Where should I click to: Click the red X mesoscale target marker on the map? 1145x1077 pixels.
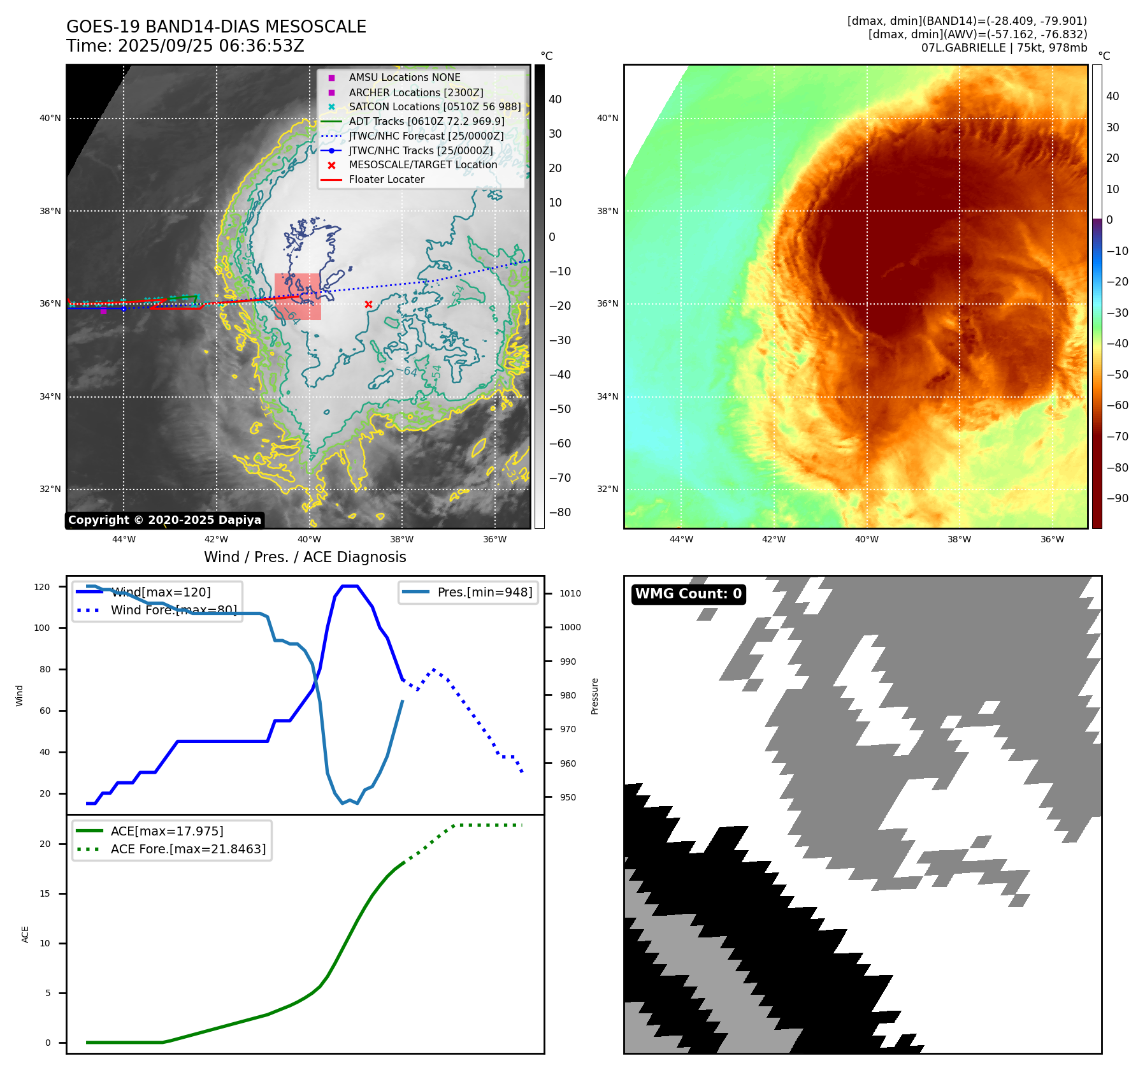(368, 305)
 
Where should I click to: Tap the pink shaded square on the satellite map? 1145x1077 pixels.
(298, 296)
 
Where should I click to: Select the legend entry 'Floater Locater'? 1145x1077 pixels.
(386, 180)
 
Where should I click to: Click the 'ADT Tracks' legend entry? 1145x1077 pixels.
(426, 121)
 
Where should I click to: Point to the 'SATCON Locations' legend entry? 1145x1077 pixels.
(435, 106)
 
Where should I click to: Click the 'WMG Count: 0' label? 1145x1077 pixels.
(688, 594)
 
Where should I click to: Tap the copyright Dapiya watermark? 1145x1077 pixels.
(164, 520)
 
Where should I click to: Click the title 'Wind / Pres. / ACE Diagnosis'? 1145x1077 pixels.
(305, 557)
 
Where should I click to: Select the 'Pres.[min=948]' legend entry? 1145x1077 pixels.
(484, 592)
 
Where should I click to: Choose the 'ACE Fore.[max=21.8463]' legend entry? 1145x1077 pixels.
(188, 849)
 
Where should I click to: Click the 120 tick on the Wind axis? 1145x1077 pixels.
(42, 587)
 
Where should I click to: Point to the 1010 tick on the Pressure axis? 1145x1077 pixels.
(570, 593)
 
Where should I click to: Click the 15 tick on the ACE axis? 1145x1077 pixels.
(45, 893)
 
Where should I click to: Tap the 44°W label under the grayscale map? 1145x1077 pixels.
(124, 539)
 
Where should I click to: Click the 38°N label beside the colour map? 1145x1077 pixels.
(607, 211)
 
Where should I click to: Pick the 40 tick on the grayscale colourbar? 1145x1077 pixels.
(555, 99)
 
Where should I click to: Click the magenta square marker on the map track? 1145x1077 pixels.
(103, 311)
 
